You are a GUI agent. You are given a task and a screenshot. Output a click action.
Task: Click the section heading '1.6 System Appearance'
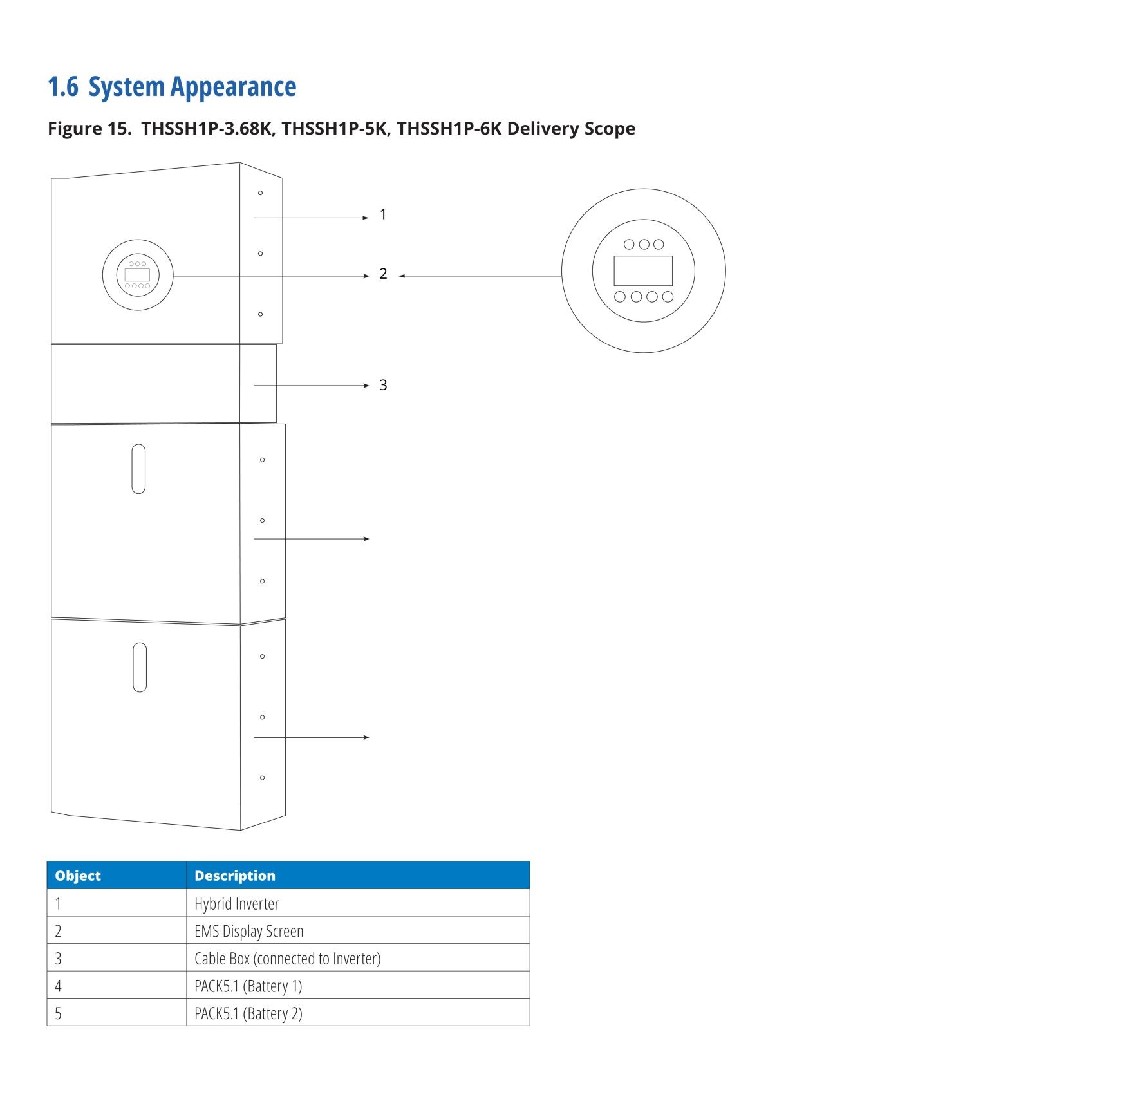[x=172, y=87]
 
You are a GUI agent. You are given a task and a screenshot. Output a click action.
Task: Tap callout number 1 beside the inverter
[x=383, y=214]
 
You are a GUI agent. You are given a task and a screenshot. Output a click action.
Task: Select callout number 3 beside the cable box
[x=383, y=385]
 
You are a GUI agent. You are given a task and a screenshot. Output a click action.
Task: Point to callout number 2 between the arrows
[x=383, y=274]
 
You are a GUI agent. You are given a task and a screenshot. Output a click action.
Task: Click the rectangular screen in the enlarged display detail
[x=643, y=271]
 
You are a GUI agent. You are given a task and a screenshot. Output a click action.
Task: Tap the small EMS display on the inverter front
[x=138, y=275]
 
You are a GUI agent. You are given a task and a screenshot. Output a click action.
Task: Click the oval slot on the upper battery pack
[x=138, y=469]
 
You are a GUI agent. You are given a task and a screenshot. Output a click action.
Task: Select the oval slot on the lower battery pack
[x=140, y=667]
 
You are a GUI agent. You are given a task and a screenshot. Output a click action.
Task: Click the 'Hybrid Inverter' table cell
[x=237, y=903]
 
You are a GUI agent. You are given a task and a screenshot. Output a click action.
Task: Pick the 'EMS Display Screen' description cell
[x=249, y=931]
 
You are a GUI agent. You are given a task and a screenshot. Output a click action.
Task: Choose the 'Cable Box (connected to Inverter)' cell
[x=288, y=959]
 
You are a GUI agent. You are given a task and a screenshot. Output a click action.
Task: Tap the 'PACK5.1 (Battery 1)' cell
[x=248, y=986]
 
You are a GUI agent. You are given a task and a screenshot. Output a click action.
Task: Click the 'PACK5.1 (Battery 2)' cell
[x=248, y=1013]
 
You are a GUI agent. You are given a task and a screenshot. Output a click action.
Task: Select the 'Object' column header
[x=78, y=876]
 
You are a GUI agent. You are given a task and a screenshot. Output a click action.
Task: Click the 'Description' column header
[x=235, y=876]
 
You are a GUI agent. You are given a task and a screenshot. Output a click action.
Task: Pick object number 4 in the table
[x=58, y=986]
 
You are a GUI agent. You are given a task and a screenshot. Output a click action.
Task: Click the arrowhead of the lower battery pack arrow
[x=366, y=737]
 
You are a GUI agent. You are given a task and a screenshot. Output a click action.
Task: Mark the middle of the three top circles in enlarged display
[x=644, y=245]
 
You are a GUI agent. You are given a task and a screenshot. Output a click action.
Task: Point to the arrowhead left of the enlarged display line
[x=402, y=276]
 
